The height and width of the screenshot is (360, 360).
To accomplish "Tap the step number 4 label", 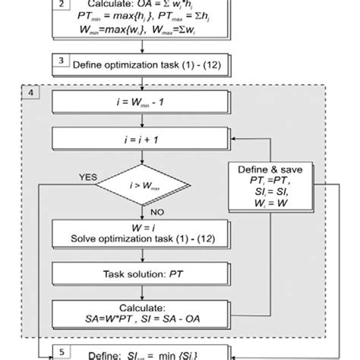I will point(30,93).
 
